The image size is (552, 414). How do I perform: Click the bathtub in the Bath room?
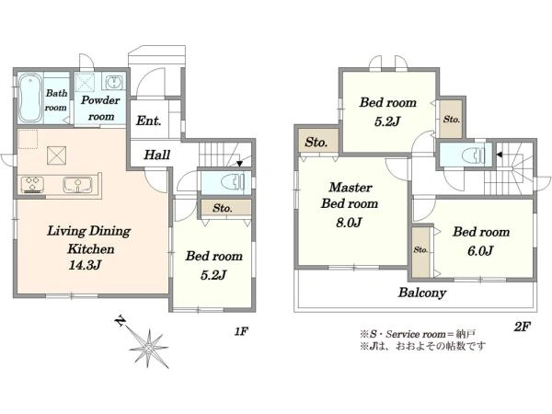[29, 98]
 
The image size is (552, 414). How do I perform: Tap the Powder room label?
[100, 108]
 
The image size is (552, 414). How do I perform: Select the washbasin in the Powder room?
[113, 83]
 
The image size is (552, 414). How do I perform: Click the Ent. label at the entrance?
[148, 121]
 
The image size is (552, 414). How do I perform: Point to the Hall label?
[157, 155]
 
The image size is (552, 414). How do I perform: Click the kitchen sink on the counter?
[77, 185]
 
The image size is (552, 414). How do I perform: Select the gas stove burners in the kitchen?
[32, 185]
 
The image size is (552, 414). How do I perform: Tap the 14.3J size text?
[86, 265]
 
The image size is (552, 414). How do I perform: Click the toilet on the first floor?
[233, 182]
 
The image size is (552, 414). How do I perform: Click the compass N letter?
[121, 321]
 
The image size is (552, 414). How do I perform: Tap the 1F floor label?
[241, 331]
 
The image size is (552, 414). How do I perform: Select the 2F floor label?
[522, 327]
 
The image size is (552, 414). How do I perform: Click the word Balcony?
[422, 293]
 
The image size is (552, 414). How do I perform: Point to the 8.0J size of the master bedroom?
[349, 223]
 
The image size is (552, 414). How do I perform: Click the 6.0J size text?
[480, 250]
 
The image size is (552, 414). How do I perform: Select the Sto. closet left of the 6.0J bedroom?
[420, 252]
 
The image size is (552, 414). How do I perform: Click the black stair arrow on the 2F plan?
[500, 155]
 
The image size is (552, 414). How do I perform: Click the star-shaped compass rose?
[149, 349]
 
